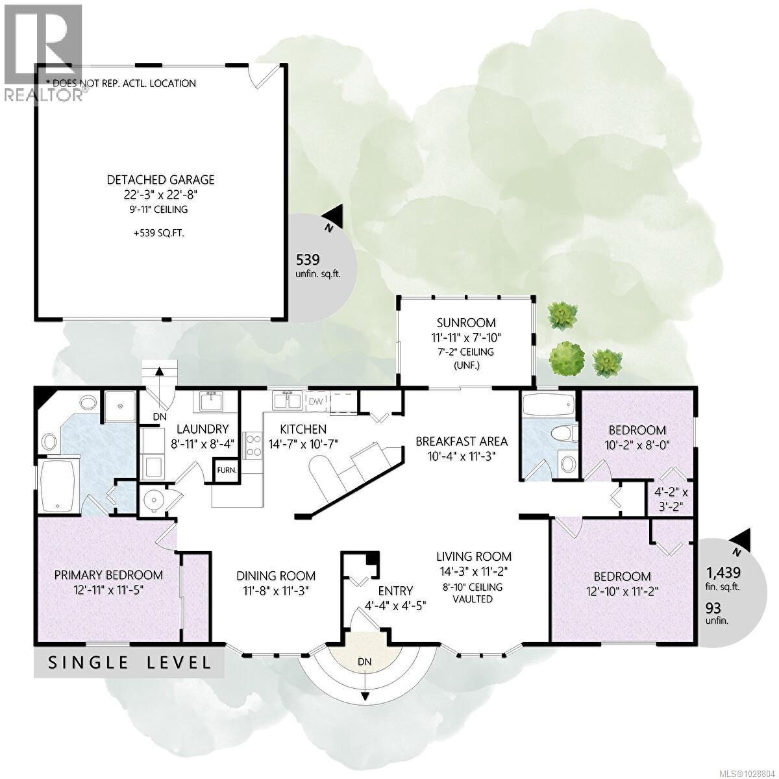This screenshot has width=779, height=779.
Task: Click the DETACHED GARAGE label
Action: pos(161,180)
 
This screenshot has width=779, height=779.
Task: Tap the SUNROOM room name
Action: pos(466,323)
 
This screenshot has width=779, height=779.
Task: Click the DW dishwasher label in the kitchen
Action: pos(316,401)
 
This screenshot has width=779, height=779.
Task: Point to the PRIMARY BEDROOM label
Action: pos(108,575)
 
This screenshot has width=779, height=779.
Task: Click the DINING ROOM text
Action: pos(276,576)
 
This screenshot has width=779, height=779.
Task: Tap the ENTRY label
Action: pos(395,591)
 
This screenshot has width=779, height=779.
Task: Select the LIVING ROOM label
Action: pos(474,556)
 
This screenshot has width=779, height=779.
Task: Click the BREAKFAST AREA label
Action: pos(462,441)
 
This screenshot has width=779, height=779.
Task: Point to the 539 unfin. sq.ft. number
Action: pos(308,260)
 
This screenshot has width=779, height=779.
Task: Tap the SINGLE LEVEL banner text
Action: pos(129,663)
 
